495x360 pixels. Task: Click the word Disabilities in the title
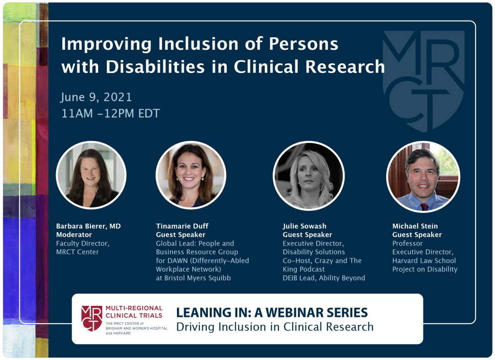155,67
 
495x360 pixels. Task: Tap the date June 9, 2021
96,97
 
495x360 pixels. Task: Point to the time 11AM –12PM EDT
111,113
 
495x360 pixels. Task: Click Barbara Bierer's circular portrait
91,175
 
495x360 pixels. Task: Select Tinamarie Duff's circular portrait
190,175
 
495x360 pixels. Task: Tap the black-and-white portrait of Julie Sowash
309,175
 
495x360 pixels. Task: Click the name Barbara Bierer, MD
88,226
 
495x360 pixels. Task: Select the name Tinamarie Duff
182,226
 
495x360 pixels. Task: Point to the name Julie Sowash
305,226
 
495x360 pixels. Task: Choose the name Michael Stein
415,226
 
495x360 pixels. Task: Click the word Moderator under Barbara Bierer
74,235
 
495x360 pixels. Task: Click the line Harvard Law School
424,260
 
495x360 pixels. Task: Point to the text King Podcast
304,269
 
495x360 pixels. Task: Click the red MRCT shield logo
91,318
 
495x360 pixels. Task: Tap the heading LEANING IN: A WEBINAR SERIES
272,312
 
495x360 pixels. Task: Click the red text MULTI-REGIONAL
134,308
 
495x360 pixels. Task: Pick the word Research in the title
345,67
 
